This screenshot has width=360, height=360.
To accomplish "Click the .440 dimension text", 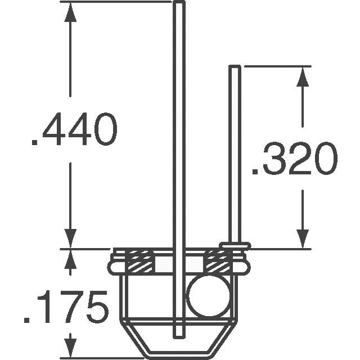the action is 74,129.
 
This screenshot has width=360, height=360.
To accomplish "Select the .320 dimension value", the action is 295,159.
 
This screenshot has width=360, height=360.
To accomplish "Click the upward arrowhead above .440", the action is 70,12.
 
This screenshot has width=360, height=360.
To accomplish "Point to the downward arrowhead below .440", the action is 70,238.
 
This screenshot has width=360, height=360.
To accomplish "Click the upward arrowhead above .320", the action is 303,76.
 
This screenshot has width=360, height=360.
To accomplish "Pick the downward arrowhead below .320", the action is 303,239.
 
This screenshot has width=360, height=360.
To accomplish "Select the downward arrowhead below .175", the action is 70,348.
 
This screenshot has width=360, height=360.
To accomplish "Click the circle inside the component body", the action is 209,295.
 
